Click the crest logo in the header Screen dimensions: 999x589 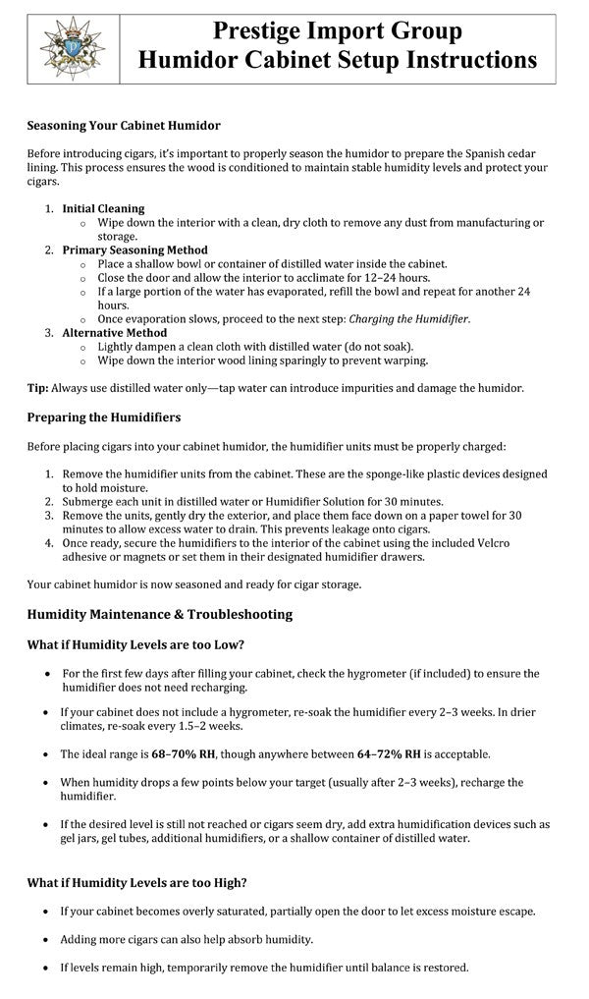[71, 48]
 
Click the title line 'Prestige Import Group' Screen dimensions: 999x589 [338, 32]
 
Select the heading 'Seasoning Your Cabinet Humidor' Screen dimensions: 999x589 [124, 126]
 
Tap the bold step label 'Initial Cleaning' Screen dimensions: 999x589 [103, 208]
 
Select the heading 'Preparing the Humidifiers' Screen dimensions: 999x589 [104, 417]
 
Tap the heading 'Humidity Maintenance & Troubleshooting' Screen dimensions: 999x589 [159, 615]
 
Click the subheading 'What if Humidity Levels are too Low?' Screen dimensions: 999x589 [135, 644]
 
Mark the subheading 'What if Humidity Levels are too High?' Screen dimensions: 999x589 [136, 882]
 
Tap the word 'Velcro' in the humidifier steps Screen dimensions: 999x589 [526, 542]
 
